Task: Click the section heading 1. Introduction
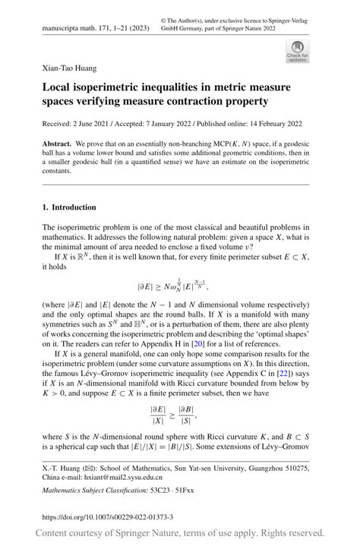pos(69,207)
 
